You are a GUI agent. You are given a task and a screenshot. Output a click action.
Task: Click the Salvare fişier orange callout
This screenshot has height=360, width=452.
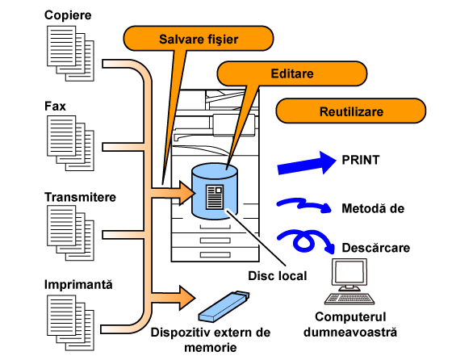pyautogui.click(x=199, y=39)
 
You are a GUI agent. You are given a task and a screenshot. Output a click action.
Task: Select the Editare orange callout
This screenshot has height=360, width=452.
pyautogui.click(x=291, y=73)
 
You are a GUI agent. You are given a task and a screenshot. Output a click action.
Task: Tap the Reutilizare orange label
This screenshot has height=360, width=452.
pyautogui.click(x=351, y=111)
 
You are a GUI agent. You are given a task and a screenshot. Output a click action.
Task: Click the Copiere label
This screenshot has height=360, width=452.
pyautogui.click(x=68, y=15)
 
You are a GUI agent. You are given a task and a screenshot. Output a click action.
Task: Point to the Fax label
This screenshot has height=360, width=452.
pyautogui.click(x=55, y=106)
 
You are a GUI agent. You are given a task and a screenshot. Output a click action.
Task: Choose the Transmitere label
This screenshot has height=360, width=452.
pyautogui.click(x=80, y=197)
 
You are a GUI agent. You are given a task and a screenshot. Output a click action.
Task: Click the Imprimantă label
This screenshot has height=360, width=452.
pyautogui.click(x=78, y=284)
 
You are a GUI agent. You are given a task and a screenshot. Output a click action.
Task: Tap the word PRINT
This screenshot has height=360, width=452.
pyautogui.click(x=360, y=160)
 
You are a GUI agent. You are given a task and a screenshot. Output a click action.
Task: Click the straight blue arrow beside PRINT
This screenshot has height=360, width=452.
pyautogui.click(x=307, y=163)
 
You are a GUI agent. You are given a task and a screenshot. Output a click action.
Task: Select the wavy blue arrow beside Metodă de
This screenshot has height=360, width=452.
pyautogui.click(x=304, y=204)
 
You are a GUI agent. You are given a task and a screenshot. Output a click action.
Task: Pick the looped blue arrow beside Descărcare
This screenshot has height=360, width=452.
pyautogui.click(x=306, y=240)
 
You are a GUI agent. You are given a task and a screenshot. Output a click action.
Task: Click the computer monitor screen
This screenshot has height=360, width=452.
pyautogui.click(x=349, y=271)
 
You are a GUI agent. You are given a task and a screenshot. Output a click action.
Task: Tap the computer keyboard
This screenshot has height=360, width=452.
pyautogui.click(x=349, y=299)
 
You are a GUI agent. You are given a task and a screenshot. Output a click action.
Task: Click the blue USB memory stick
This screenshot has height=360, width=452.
pyautogui.click(x=224, y=306)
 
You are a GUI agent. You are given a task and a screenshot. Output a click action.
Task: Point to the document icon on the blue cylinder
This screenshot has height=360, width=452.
pyautogui.click(x=215, y=197)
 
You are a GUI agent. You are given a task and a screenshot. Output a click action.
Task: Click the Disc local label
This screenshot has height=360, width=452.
pyautogui.click(x=278, y=276)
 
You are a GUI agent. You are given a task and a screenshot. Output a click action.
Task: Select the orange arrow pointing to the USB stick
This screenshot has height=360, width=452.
pyautogui.click(x=174, y=298)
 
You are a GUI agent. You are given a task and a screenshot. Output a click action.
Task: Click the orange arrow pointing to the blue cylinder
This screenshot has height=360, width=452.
pyautogui.click(x=174, y=193)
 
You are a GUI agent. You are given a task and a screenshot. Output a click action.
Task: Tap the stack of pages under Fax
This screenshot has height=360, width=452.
pyautogui.click(x=70, y=143)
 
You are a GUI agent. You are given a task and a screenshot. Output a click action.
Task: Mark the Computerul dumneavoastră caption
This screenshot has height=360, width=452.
pyautogui.click(x=350, y=324)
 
